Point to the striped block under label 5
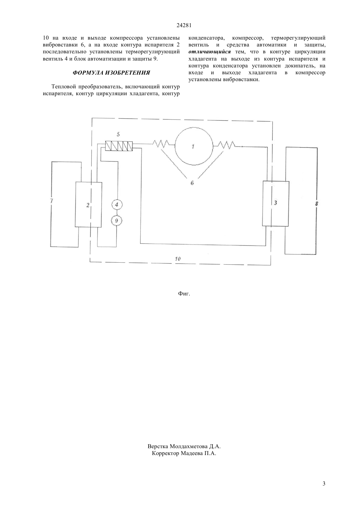pos(119,146)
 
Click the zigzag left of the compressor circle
pos(161,143)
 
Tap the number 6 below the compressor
pos(192,183)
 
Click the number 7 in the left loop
pos(52,201)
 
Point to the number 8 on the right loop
pos(316,203)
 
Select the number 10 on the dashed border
pos(178,259)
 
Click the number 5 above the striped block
pos(118,134)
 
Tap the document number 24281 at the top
pos(184,26)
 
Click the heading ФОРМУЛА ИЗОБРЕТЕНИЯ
pos(111,73)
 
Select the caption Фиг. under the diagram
pos(184,293)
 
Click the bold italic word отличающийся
pos(209,52)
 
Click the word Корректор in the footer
pos(165,454)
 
